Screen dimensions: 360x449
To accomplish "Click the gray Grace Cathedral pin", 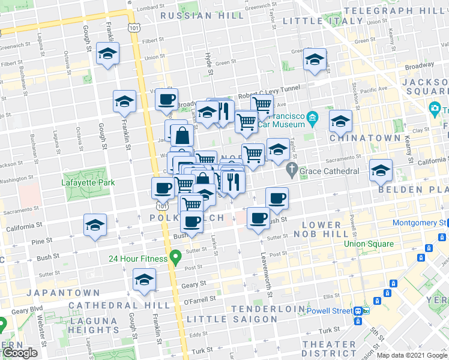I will click(x=292, y=170).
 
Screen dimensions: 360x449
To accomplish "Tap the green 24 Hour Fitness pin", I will click(x=176, y=259).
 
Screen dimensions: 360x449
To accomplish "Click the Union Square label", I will click(x=369, y=244).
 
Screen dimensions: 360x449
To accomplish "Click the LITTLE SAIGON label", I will click(x=231, y=319).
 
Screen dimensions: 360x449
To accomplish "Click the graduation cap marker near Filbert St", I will click(x=108, y=54).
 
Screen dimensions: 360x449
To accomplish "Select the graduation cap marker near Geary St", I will click(x=143, y=280).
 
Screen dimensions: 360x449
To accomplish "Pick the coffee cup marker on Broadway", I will click(x=166, y=99).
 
